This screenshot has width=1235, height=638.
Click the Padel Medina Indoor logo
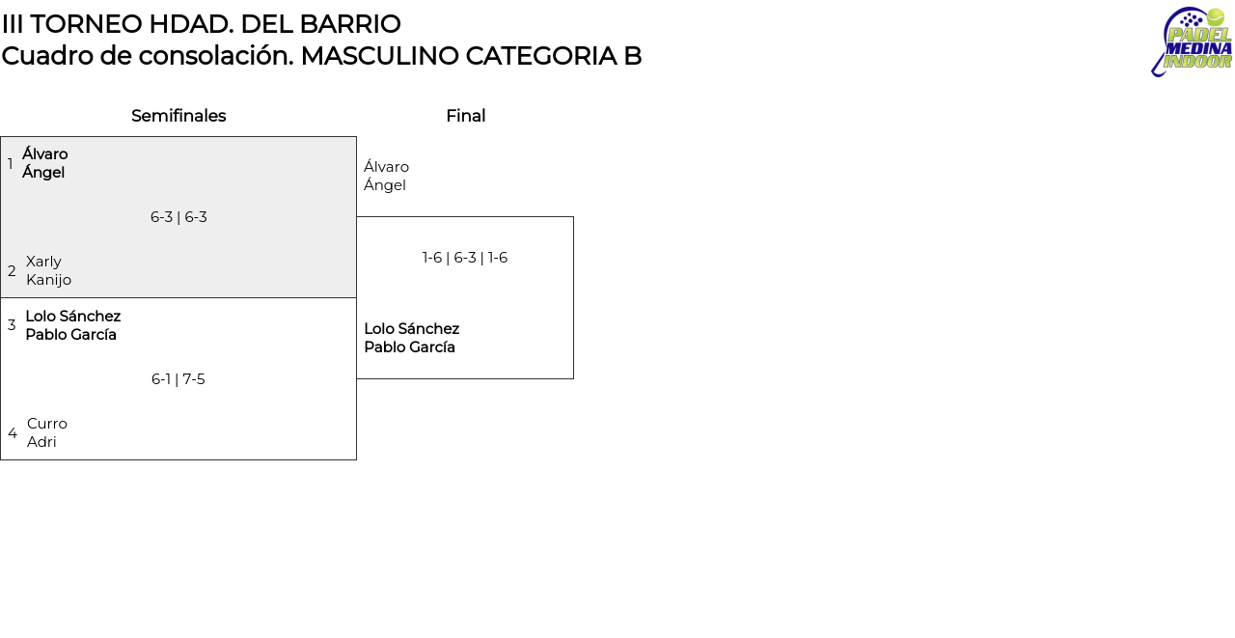pos(1192,42)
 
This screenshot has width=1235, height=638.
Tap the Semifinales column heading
pos(178,116)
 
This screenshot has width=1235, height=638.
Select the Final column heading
pos(466,116)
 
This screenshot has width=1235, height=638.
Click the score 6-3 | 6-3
pos(178,217)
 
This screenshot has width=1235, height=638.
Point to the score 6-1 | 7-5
pos(178,379)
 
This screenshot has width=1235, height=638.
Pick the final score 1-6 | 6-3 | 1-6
pos(465,258)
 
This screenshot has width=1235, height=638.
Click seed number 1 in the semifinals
pos(11,164)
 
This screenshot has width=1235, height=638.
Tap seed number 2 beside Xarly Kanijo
pos(12,271)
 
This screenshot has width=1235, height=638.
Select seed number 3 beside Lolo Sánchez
pos(12,325)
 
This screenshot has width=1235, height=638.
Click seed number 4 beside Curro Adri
pos(13,433)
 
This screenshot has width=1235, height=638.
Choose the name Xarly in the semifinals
pos(43,262)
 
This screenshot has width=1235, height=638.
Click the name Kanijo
pos(48,280)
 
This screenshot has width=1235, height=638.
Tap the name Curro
pos(47,424)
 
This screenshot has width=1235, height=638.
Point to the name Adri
pos(41,442)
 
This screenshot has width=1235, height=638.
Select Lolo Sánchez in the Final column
pos(412,328)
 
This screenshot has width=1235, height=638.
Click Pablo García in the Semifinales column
pos(70,335)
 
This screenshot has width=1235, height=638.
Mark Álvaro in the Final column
pos(386,166)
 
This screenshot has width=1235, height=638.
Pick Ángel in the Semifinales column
pos(43,172)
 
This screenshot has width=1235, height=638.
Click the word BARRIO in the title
pos(350,24)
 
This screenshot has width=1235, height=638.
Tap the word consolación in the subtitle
pos(216,56)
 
